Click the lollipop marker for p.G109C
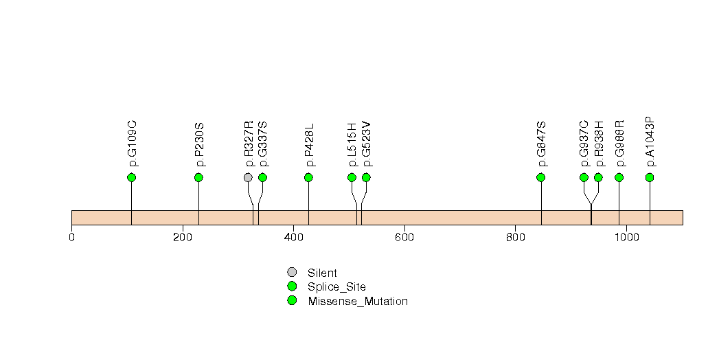(x=131, y=177)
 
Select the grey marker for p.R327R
(x=248, y=177)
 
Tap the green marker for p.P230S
(x=198, y=177)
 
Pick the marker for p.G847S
(x=540, y=177)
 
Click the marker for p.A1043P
(x=650, y=177)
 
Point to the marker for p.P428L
(x=308, y=177)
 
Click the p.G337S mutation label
(x=262, y=144)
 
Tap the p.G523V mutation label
(x=366, y=144)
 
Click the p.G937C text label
(x=584, y=144)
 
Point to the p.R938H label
(x=598, y=144)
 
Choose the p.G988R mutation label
(x=619, y=144)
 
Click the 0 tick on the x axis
(x=71, y=238)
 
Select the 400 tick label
(x=293, y=238)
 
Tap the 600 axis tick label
(x=404, y=238)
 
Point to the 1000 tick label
(x=626, y=238)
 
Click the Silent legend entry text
(x=322, y=273)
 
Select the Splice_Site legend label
(x=336, y=286)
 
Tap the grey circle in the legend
(x=292, y=272)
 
